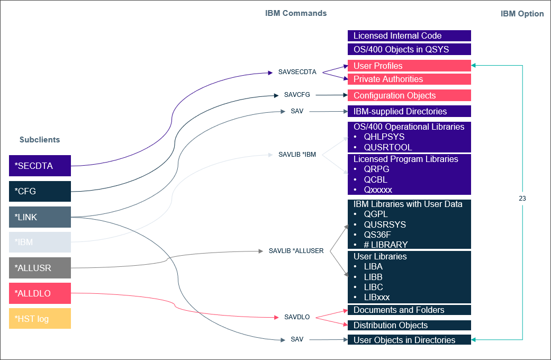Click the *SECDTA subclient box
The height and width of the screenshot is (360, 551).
click(40, 166)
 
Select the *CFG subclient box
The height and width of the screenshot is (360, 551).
click(40, 191)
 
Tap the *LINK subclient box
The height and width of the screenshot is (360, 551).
click(40, 217)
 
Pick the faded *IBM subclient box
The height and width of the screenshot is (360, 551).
click(40, 242)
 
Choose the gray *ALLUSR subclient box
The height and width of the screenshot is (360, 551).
click(40, 268)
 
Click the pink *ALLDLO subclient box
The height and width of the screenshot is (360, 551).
click(40, 293)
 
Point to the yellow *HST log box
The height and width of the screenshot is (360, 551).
click(40, 319)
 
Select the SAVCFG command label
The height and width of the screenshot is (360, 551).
click(297, 95)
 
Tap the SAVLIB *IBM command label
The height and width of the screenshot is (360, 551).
click(297, 155)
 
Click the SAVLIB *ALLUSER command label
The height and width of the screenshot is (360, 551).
click(296, 250)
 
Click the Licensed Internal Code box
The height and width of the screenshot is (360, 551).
click(409, 36)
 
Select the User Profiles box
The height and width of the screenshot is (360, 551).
click(409, 66)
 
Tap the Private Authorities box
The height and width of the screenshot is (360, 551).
click(409, 79)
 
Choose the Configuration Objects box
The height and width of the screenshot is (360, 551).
click(409, 95)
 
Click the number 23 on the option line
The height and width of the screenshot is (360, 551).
click(522, 199)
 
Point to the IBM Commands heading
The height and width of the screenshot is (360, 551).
click(296, 13)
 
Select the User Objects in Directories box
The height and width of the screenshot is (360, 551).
click(409, 340)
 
